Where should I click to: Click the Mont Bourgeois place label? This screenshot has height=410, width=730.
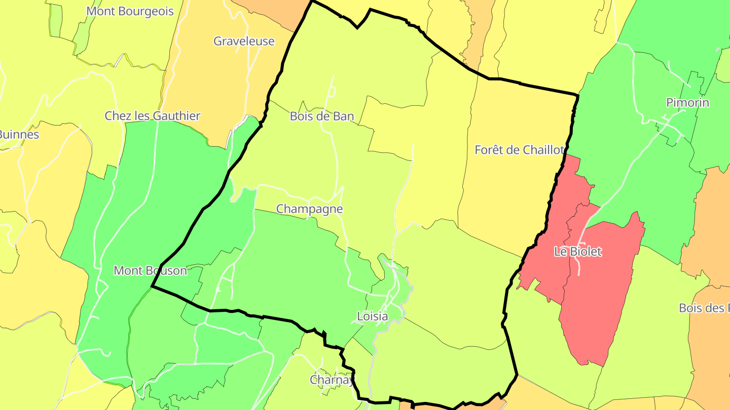click(x=130, y=11)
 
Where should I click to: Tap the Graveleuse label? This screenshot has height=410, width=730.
click(x=244, y=41)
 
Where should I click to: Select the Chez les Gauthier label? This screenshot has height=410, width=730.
click(x=153, y=116)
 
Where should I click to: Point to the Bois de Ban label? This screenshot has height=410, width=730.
click(x=322, y=116)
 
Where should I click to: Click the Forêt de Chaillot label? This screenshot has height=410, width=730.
click(x=519, y=150)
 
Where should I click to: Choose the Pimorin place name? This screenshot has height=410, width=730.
click(x=687, y=103)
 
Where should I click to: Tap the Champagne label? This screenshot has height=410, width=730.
click(x=309, y=209)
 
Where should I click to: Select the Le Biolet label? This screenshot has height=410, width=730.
click(x=577, y=252)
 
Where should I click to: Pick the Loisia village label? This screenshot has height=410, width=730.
click(x=373, y=317)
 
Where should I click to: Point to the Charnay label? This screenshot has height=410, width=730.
click(x=333, y=380)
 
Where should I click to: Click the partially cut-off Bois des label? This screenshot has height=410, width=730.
click(x=704, y=308)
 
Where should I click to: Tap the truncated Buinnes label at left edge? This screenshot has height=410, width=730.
click(x=18, y=135)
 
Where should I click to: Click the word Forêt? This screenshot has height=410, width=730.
click(x=490, y=150)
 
